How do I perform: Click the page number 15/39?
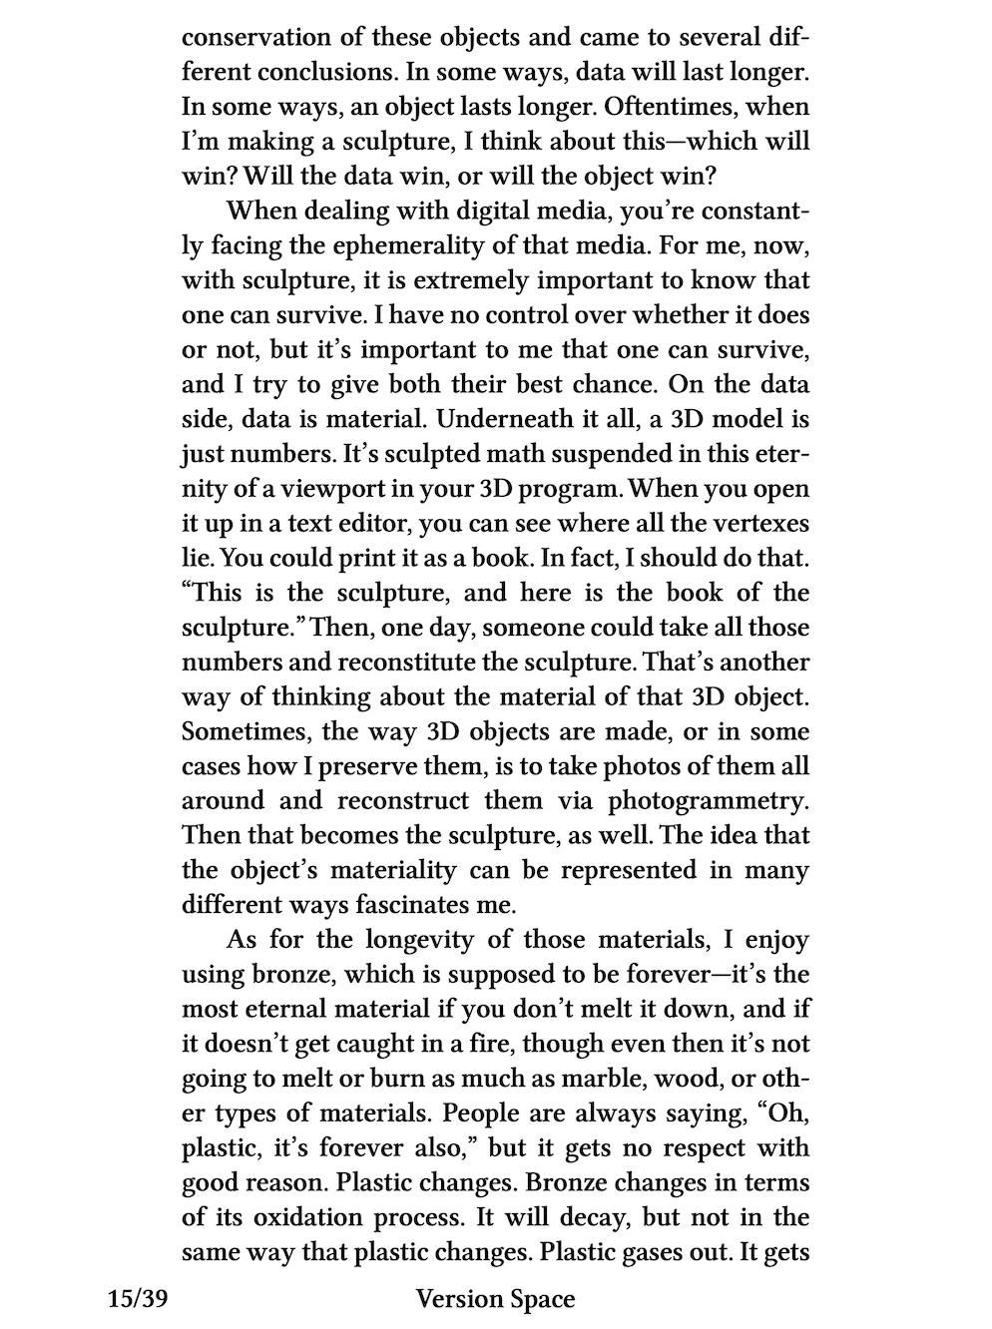pyautogui.click(x=138, y=1299)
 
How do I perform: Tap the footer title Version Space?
pyautogui.click(x=495, y=1299)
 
